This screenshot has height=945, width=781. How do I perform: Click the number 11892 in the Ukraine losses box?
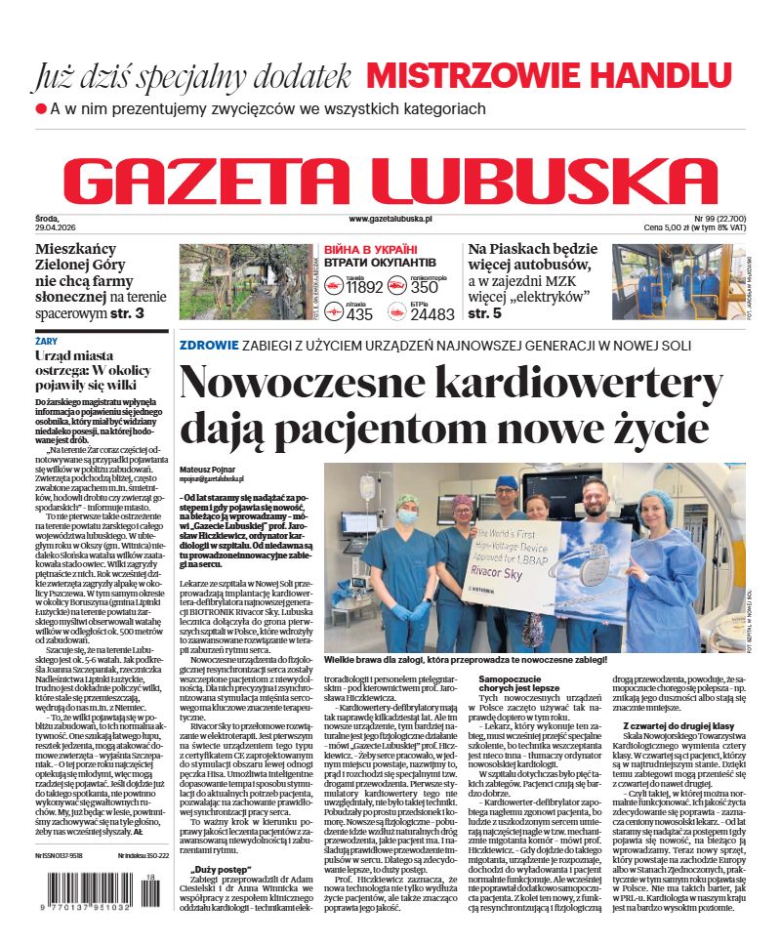tap(364, 287)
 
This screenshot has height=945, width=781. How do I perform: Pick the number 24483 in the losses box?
tap(432, 314)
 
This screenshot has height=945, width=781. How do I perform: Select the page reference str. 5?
tap(485, 313)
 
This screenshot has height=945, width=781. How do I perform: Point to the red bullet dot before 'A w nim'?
tap(41, 108)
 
